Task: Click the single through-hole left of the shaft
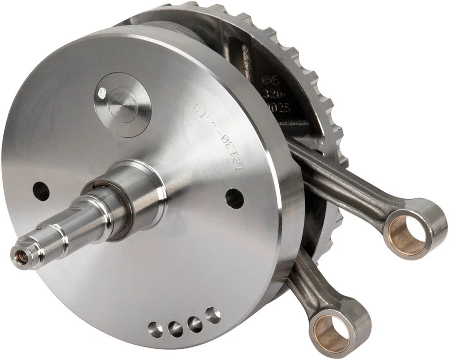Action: click(x=41, y=191)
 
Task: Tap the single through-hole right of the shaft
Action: click(x=234, y=198)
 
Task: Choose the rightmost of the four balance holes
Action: click(x=213, y=315)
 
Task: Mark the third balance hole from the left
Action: click(x=195, y=324)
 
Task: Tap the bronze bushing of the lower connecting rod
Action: click(x=332, y=333)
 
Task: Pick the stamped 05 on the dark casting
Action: click(x=280, y=80)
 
